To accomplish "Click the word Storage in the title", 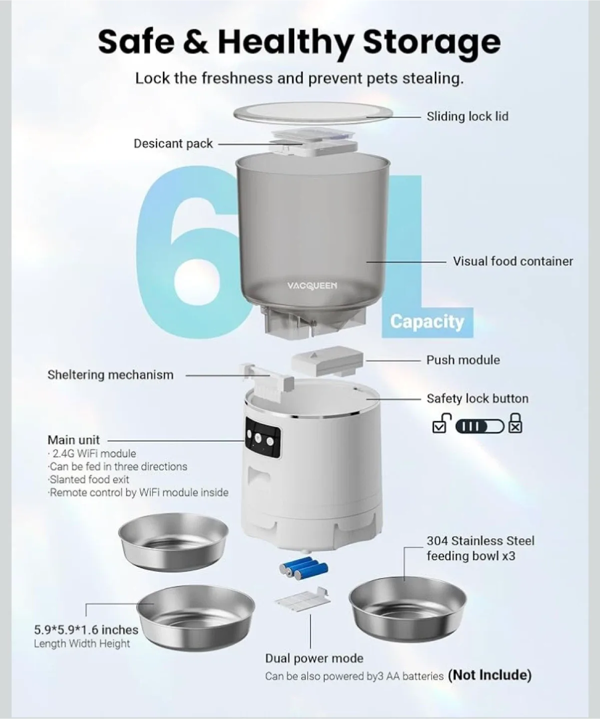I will tap(431, 42).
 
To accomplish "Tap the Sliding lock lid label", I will tap(467, 116).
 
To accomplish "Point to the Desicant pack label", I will tap(173, 144).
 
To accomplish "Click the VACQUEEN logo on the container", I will tap(312, 286).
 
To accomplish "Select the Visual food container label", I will tap(513, 261).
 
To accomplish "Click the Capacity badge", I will tap(427, 321).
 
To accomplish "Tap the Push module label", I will tap(463, 360).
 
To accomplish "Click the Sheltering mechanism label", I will tap(110, 375).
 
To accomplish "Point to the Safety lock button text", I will tap(477, 398).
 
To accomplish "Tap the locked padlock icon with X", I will tap(515, 424).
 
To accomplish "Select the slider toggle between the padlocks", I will tap(479, 426).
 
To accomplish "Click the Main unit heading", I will tap(73, 440).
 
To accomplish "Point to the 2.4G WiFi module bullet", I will tap(93, 453).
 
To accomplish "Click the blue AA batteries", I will tap(304, 569).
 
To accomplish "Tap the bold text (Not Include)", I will tap(489, 675).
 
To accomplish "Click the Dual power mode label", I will tap(314, 658).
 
